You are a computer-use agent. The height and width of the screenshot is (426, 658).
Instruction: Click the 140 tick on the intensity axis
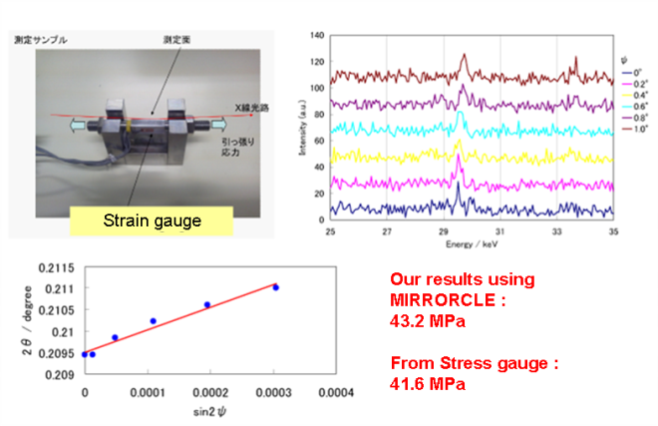pyautogui.click(x=317, y=34)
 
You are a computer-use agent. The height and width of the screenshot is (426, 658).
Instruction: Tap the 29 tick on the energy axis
pyautogui.click(x=444, y=229)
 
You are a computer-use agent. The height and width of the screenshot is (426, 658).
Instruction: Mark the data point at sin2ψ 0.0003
pyautogui.click(x=276, y=287)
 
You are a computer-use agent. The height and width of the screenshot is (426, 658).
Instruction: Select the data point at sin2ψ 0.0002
pyautogui.click(x=207, y=305)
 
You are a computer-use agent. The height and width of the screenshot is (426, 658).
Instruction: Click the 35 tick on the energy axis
pyautogui.click(x=613, y=229)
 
